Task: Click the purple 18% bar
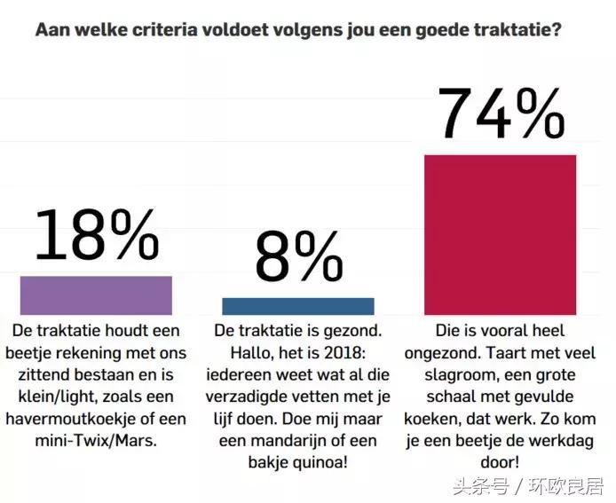coord(96,295)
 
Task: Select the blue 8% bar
coord(297,306)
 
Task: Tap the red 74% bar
coord(500,234)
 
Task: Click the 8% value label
coord(298,258)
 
